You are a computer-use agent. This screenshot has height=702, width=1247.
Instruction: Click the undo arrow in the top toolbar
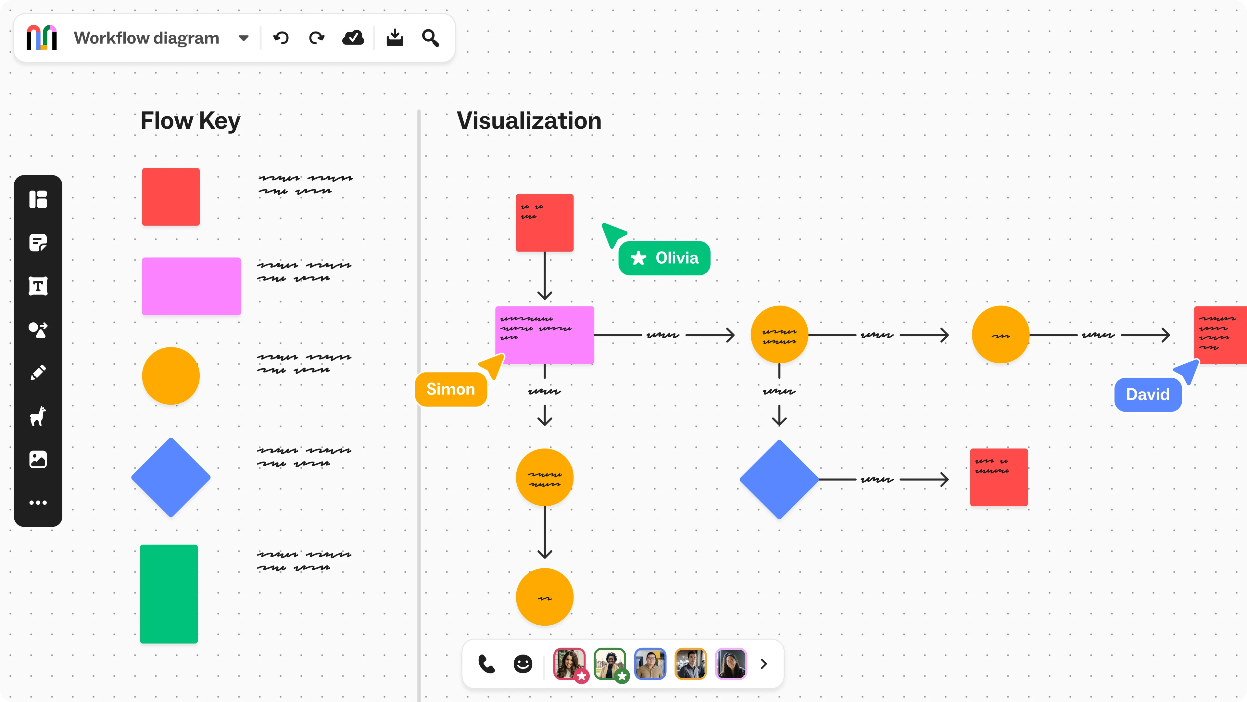281,38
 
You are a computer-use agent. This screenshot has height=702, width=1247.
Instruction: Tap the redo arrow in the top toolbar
317,38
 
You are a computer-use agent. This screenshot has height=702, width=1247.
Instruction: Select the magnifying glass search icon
430,38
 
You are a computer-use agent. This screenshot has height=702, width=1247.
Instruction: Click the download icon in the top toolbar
395,38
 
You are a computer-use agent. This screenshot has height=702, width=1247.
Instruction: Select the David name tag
1148,394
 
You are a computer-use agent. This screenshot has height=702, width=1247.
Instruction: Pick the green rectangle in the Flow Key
169,594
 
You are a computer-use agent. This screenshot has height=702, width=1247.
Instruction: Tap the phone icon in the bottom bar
486,664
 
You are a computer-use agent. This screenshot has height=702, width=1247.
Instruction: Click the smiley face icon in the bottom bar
523,664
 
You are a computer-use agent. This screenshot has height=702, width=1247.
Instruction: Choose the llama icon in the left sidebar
38,416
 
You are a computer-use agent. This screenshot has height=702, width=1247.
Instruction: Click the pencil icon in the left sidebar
38,372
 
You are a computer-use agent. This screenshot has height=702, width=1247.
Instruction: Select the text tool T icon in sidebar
38,286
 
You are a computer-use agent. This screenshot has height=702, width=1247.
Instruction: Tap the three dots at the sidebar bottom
38,502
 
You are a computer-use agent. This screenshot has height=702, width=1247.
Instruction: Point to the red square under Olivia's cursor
545,223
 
